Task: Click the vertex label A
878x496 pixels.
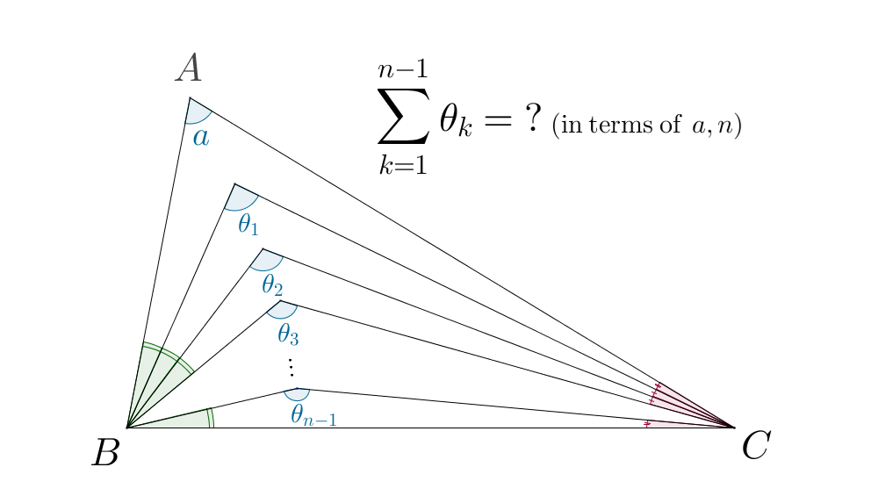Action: click(188, 68)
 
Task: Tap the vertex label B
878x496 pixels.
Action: click(106, 452)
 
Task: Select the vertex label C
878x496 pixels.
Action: click(756, 446)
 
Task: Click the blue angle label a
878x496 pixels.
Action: click(201, 137)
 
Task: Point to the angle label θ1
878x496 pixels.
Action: click(248, 225)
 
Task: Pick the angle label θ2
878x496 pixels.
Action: click(272, 285)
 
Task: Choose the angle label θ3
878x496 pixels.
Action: click(288, 334)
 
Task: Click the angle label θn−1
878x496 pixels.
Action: click(313, 415)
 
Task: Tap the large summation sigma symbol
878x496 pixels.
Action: click(403, 116)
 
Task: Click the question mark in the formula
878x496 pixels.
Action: click(534, 119)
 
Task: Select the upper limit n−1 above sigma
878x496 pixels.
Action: click(403, 70)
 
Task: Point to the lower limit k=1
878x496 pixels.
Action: click(403, 164)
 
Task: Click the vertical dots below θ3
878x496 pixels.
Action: click(291, 367)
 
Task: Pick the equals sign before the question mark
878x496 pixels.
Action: click(497, 119)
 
